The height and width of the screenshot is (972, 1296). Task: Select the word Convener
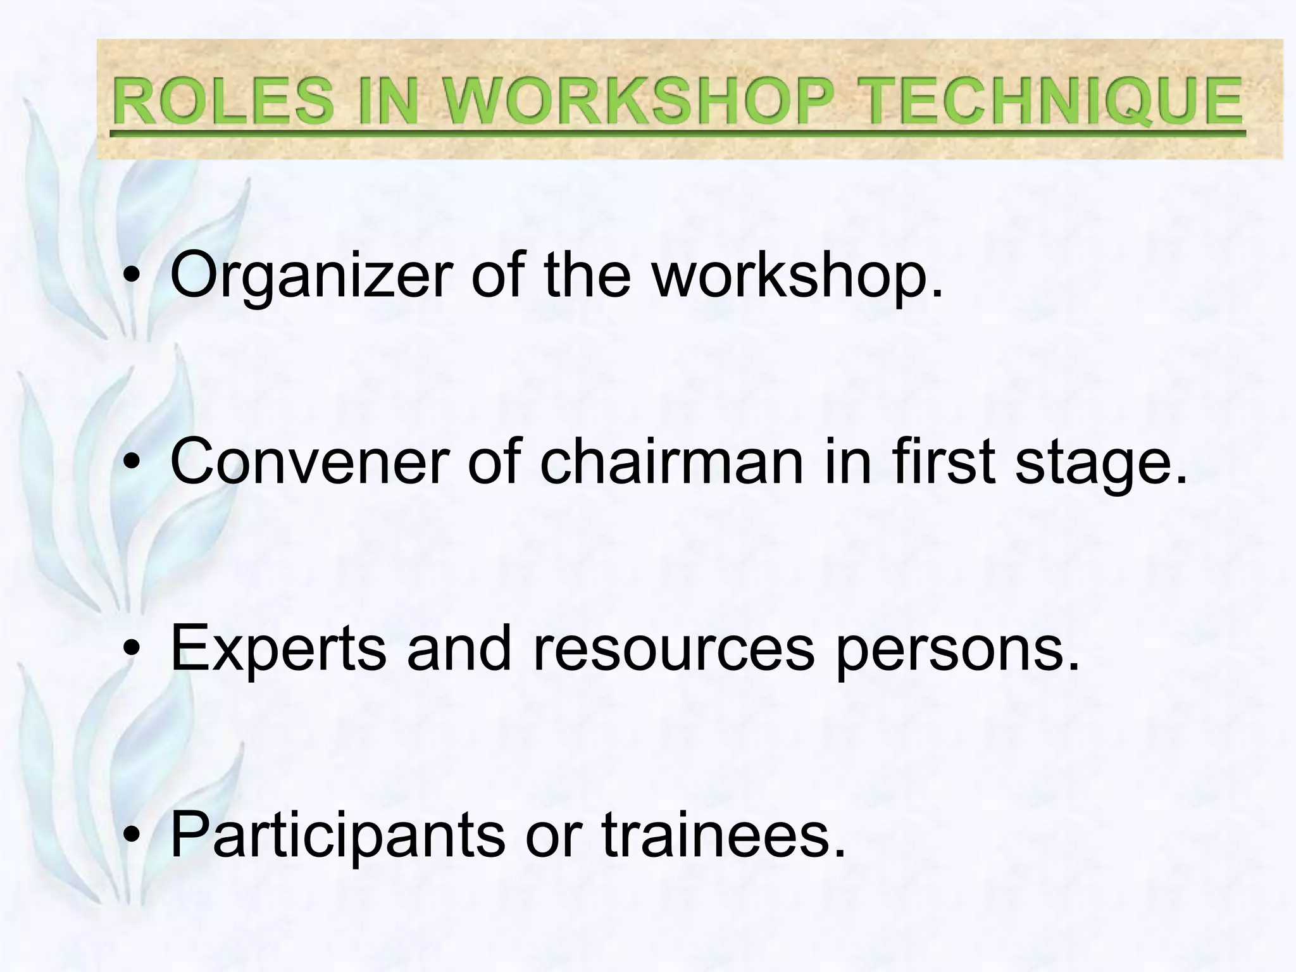pyautogui.click(x=310, y=463)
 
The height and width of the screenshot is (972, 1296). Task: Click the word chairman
pyautogui.click(x=671, y=463)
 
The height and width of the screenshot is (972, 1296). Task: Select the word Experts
pyautogui.click(x=278, y=649)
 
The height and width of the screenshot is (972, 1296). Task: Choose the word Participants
pyautogui.click(x=338, y=835)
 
